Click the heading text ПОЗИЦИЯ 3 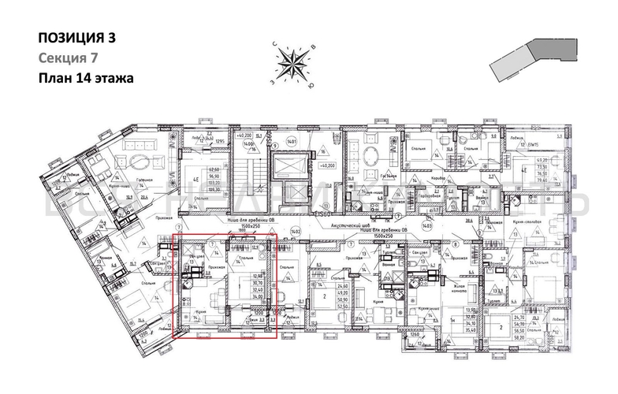click(72, 38)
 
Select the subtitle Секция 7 click(63, 58)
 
